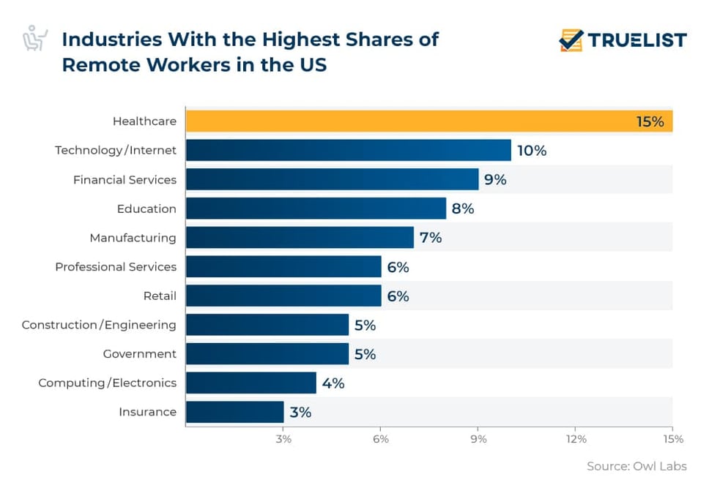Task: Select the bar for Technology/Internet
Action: click(348, 151)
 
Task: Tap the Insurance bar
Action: click(234, 412)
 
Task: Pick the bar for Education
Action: click(316, 209)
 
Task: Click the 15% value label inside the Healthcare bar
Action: click(650, 121)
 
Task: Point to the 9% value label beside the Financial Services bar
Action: click(495, 179)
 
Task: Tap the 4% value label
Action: click(333, 383)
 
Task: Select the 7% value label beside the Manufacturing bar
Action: click(431, 238)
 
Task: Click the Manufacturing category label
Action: click(133, 238)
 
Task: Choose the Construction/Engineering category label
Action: click(99, 325)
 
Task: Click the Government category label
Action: click(139, 354)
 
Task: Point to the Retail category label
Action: click(160, 296)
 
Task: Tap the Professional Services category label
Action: click(116, 267)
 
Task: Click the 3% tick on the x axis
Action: click(283, 439)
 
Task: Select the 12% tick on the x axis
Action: click(576, 439)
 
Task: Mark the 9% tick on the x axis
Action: click(478, 439)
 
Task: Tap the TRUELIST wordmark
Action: click(637, 40)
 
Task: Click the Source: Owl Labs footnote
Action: click(636, 466)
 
